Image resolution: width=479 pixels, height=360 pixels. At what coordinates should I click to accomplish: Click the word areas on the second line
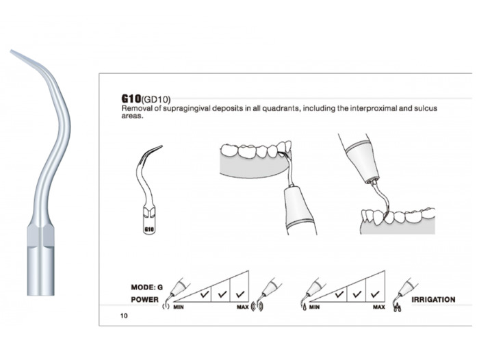pos(131,116)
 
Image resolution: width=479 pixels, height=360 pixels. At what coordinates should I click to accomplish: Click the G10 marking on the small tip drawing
pos(148,231)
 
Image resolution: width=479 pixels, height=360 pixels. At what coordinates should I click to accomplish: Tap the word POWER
pos(146,300)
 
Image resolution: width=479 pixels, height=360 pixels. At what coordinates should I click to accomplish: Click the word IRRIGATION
pos(433,300)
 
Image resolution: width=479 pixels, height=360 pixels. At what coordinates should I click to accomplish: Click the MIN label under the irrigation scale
pos(315,307)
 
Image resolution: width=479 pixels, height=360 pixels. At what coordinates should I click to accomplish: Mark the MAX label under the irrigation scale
pos(378,307)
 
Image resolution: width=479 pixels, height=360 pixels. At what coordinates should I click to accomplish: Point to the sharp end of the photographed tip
pos(12,51)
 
